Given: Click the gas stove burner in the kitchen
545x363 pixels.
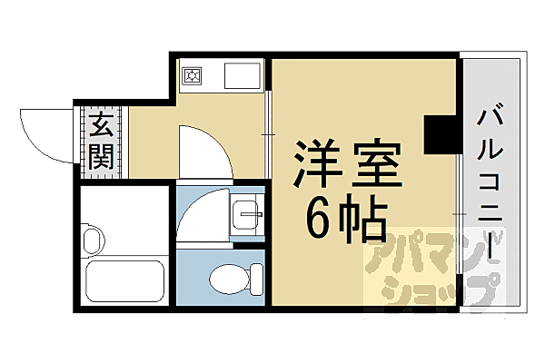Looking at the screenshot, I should (193, 77).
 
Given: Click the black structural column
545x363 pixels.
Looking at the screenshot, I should (441, 134).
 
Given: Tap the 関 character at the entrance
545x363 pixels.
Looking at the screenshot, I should (101, 158).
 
